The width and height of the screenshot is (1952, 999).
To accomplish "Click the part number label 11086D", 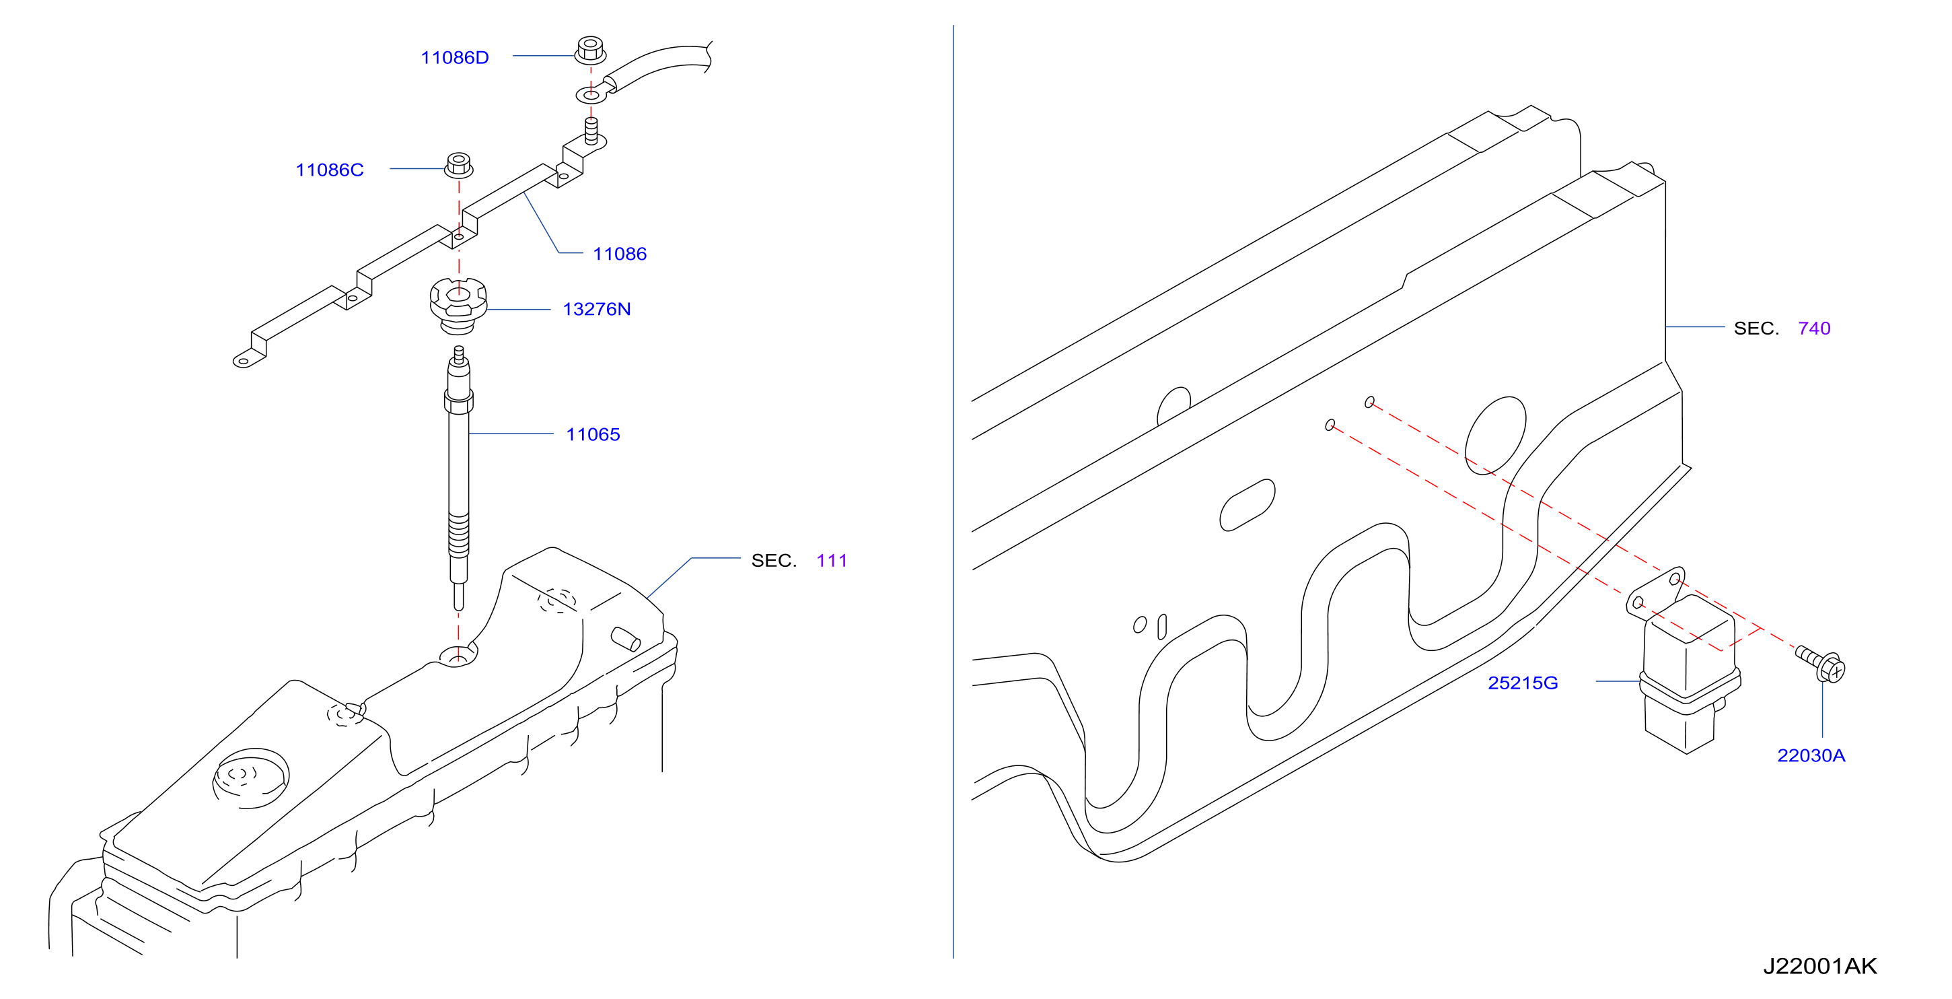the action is tap(455, 58).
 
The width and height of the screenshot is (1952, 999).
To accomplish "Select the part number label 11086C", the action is tap(330, 170).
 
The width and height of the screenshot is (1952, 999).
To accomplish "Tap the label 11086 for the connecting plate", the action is tap(620, 254).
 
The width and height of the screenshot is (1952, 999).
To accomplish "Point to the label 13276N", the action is tap(596, 309).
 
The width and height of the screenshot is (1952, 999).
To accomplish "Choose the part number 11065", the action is tap(593, 434).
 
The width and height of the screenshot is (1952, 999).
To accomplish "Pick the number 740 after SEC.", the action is tap(1814, 329).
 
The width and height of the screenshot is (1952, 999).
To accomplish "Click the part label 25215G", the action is tap(1523, 683).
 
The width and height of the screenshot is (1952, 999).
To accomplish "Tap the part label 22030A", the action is tap(1811, 756).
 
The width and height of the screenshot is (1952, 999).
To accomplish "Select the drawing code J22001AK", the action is tap(1819, 967).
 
